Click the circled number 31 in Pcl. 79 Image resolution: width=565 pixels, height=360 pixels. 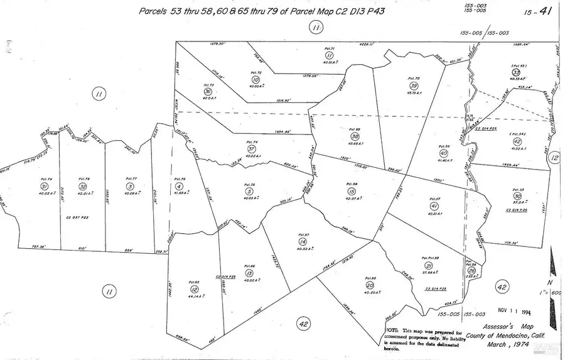click(x=44, y=187)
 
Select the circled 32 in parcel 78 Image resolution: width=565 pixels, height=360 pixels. click(x=82, y=187)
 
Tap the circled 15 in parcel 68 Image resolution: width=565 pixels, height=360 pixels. click(x=351, y=191)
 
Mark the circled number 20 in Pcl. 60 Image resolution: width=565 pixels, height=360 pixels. click(x=369, y=285)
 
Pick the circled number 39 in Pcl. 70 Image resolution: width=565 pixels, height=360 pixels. click(x=414, y=86)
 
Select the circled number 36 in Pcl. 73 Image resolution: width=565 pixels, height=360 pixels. click(x=208, y=92)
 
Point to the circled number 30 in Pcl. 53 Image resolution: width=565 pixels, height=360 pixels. click(x=516, y=196)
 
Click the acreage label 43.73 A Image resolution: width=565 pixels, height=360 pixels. click(x=414, y=93)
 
